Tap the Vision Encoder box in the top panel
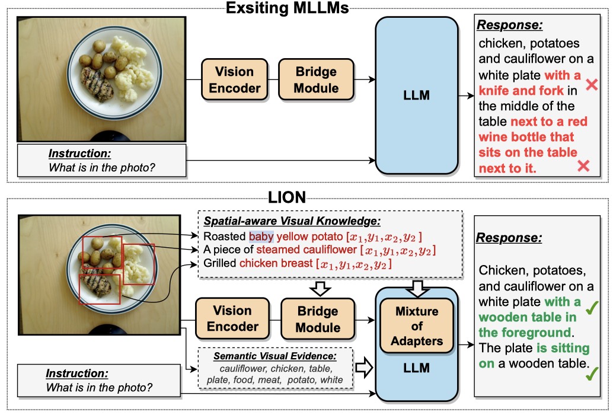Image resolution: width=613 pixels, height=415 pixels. [x=234, y=80]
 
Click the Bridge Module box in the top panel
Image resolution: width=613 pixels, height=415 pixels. [x=317, y=80]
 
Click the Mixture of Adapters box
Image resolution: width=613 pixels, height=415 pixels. [x=417, y=325]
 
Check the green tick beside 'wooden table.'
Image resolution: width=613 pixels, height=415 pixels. [x=591, y=375]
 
